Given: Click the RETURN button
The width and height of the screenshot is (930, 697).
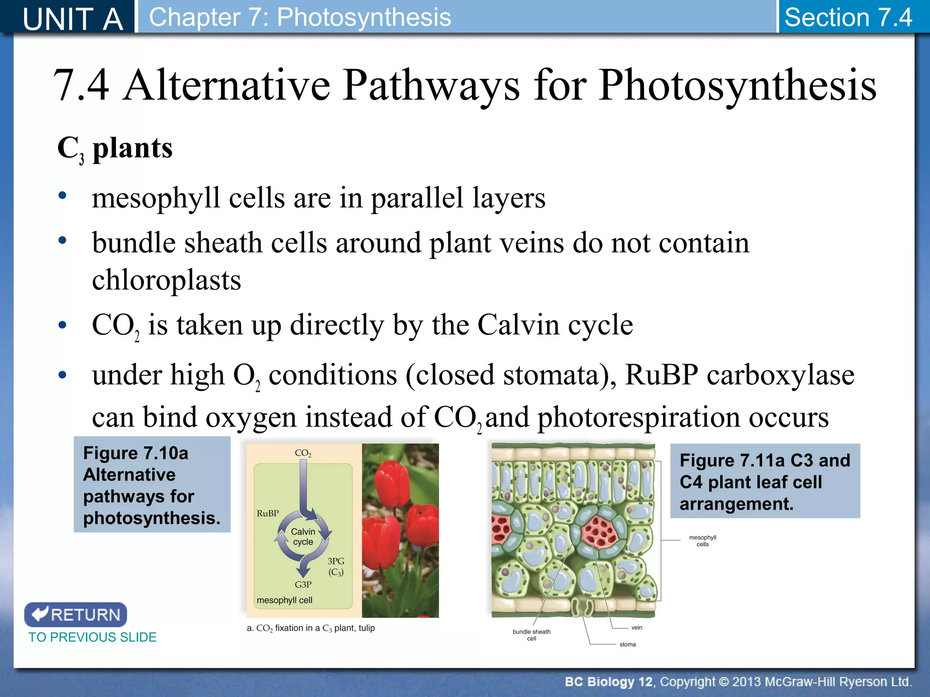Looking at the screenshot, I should pos(75,614).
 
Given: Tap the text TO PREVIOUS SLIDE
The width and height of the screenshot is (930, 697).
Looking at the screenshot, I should pos(92,637).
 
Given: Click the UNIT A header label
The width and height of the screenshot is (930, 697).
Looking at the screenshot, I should pos(73,19).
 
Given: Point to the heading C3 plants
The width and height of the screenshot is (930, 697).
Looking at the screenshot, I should pos(115,148).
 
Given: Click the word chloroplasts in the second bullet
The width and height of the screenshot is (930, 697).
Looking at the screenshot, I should pos(166,280).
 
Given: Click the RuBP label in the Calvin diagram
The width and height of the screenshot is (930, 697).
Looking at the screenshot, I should pos(267,513).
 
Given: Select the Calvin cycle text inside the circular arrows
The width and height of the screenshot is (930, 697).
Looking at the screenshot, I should pos(303,536).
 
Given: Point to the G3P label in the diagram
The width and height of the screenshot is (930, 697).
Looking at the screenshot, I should pos(303,584).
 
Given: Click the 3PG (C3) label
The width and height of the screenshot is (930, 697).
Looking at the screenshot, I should pos(336,566).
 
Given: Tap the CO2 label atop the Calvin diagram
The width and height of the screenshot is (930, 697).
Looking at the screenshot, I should pos(303,453).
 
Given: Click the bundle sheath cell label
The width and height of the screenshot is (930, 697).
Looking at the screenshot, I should pos(531,635).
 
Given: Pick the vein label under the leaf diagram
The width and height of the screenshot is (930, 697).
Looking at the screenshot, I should pos(637,628).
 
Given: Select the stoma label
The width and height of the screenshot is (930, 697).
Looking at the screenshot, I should pos(628,644).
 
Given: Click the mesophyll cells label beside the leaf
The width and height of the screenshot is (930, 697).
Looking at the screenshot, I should pos(702,540).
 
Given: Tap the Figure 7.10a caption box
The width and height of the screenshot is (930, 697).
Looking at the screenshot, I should pos(152,485).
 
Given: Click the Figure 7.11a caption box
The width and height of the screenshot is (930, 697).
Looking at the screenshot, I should pos(765,481).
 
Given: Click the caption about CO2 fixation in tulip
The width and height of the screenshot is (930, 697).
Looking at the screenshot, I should pos(311,628).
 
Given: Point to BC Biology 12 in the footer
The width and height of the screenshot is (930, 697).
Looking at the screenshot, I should pos(608,682).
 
